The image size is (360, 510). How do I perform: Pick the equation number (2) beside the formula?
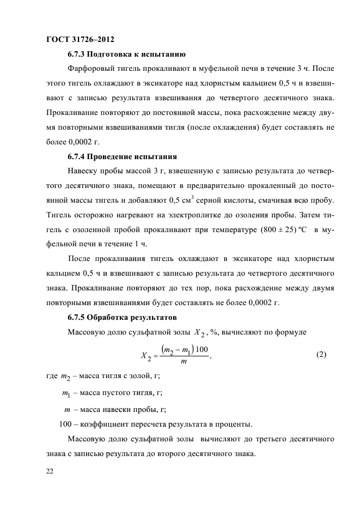[321, 355]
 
